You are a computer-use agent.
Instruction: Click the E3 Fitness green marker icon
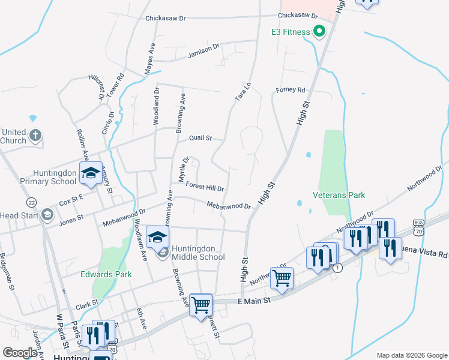tap(319, 32)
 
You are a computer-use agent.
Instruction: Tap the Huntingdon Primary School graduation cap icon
tap(91, 173)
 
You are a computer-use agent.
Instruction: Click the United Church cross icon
tap(35, 136)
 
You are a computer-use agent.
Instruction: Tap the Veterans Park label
tap(339, 195)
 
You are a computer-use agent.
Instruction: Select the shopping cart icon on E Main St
tap(200, 304)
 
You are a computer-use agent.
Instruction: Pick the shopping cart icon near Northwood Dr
tap(281, 278)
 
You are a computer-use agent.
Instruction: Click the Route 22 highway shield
tap(31, 202)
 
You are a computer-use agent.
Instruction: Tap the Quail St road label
tap(200, 138)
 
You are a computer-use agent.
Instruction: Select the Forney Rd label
tap(291, 90)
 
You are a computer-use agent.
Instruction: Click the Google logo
tap(20, 353)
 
